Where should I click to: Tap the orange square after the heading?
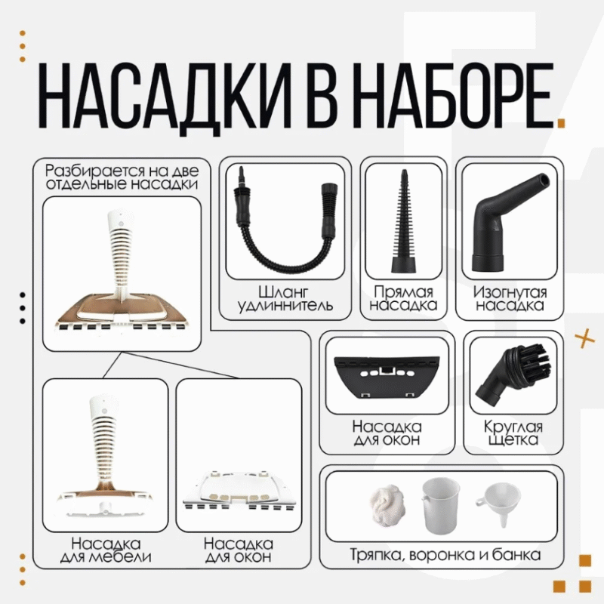click(x=561, y=123)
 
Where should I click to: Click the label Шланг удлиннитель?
click(x=285, y=298)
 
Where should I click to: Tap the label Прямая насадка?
click(x=404, y=298)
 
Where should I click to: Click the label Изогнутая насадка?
click(x=510, y=298)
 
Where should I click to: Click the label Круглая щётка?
click(x=513, y=433)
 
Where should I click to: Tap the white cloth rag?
click(x=388, y=504)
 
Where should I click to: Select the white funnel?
click(x=496, y=503)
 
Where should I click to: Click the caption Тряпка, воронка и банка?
click(x=445, y=555)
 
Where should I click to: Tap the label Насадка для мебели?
click(x=106, y=550)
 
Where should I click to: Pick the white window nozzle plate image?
click(x=239, y=492)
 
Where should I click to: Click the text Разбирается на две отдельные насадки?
click(x=122, y=177)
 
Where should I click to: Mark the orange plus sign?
click(x=584, y=338)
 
